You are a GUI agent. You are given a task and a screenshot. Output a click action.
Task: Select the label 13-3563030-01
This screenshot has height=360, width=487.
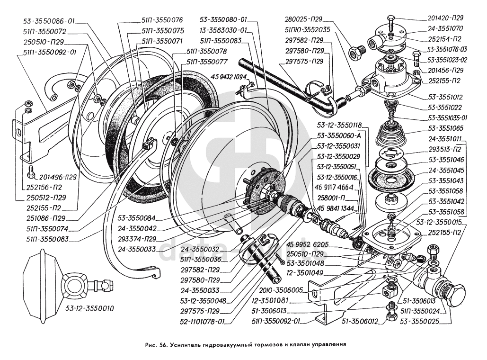pyautogui.click(x=224, y=31)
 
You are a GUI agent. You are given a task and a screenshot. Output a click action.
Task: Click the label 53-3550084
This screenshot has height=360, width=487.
pyautogui.click(x=140, y=219)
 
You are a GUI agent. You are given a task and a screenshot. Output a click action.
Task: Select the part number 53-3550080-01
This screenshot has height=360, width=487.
pyautogui.click(x=223, y=21)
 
